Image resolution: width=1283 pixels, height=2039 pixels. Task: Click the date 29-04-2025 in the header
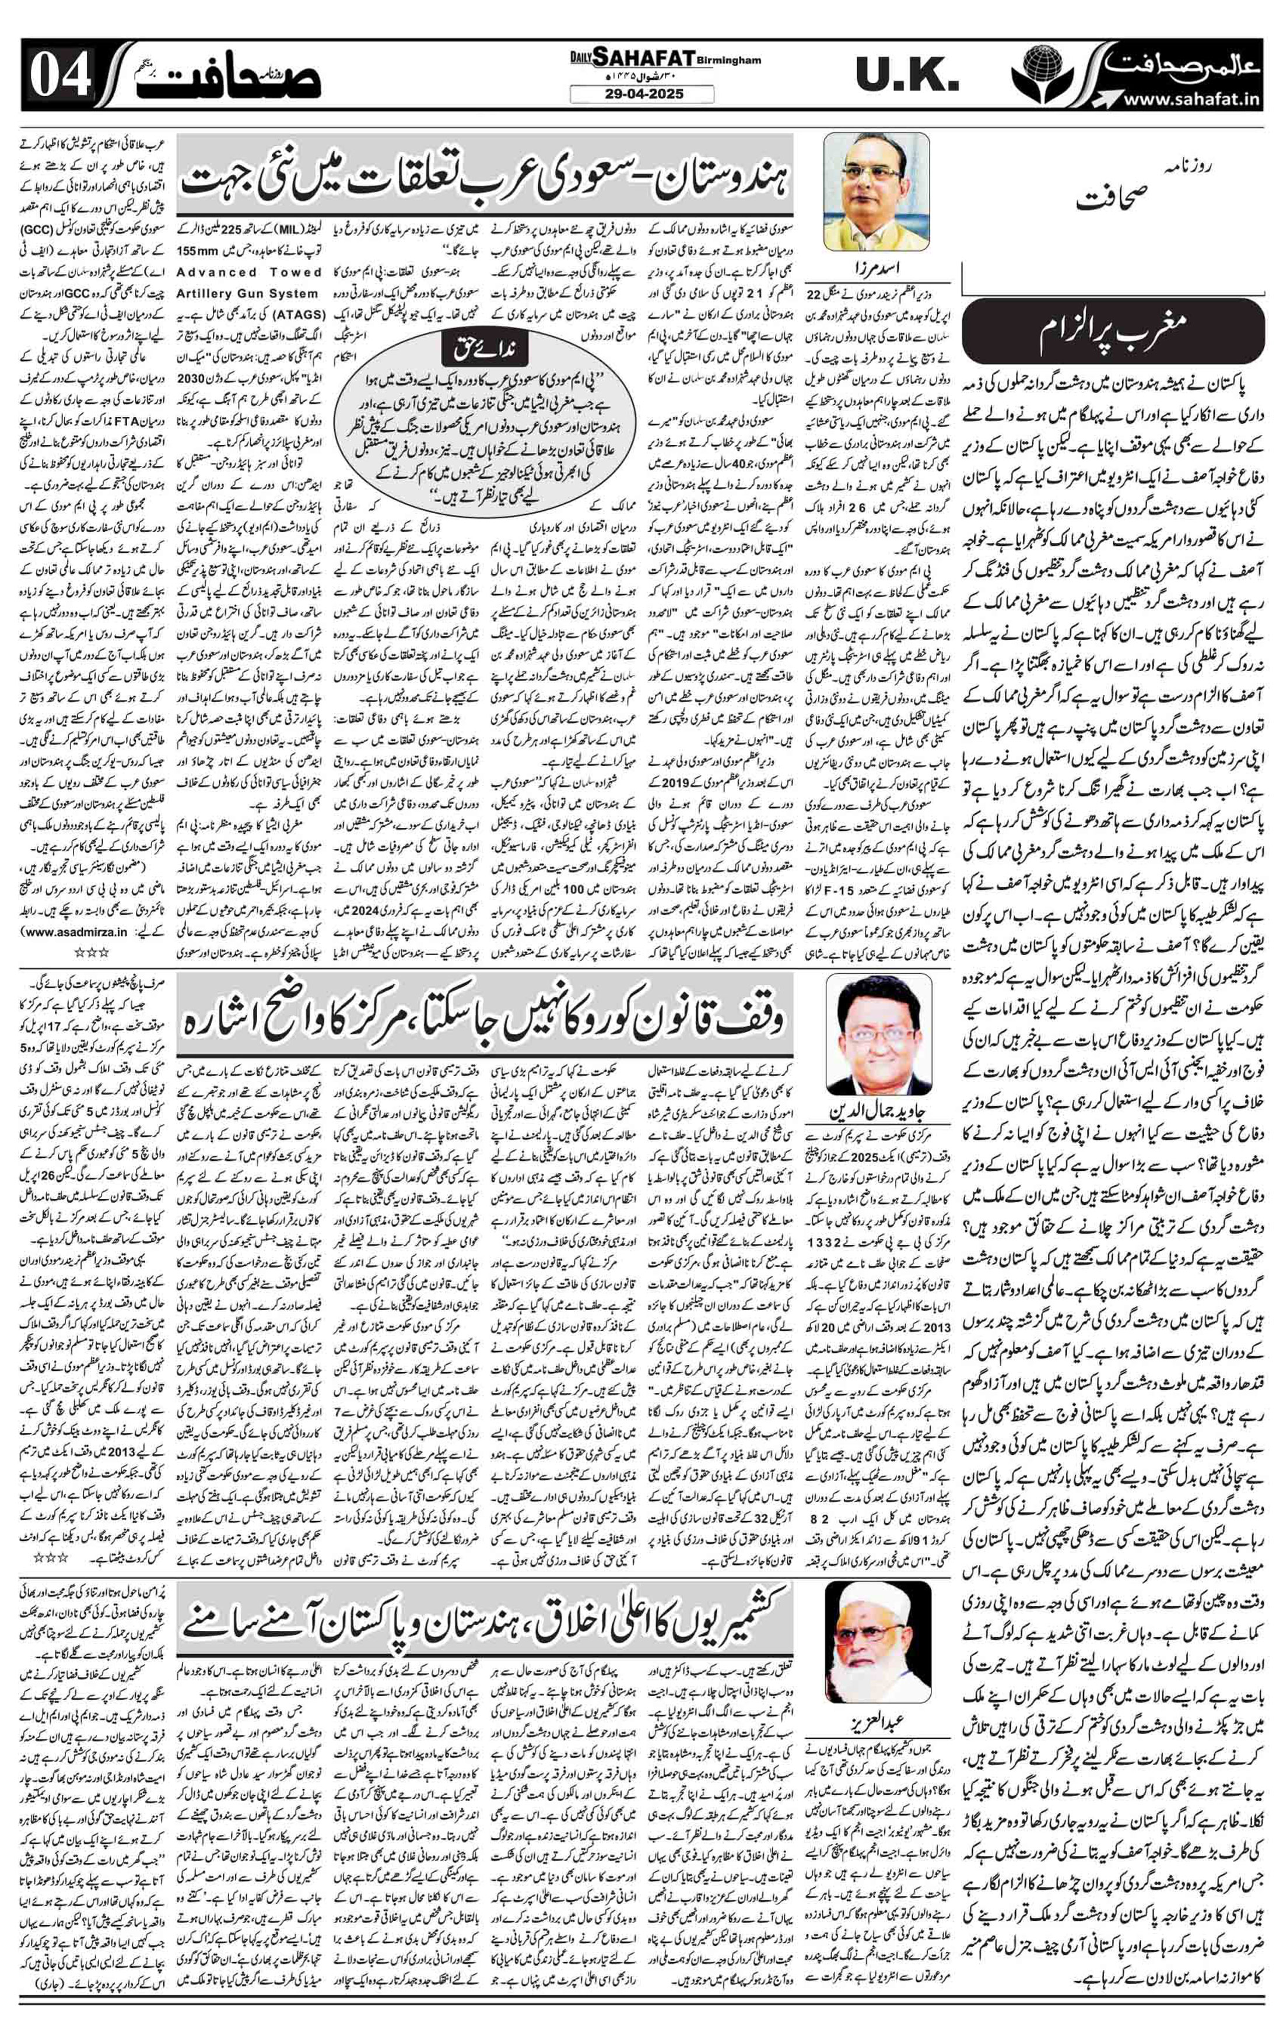[x=642, y=96]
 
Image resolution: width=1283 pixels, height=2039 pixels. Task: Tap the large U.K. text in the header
[x=906, y=79]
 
